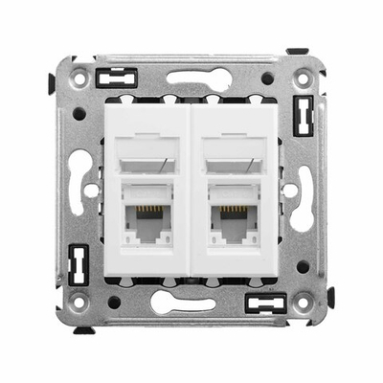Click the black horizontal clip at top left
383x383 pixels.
click(x=123, y=77)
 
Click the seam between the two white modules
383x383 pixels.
click(x=191, y=191)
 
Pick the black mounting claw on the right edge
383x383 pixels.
click(x=331, y=299)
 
